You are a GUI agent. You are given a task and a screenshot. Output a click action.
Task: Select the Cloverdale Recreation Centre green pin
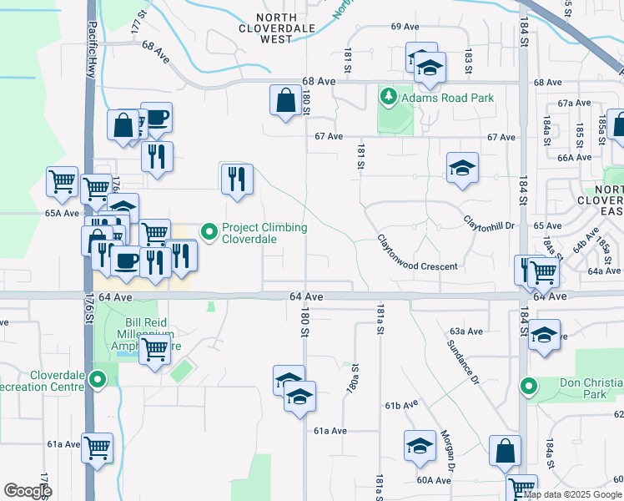coord(98,381)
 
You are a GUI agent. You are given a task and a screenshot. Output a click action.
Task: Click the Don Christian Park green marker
coord(528,386)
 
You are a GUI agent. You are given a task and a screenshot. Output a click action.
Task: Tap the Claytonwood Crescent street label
coord(418,252)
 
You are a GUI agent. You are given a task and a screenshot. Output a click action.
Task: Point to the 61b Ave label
coord(401,404)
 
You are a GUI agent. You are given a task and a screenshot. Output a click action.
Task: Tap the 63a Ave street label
coord(466,331)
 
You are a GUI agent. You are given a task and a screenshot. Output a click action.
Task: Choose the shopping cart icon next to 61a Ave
coord(98,448)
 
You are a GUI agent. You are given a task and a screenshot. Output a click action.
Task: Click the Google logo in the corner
coord(28,490)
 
